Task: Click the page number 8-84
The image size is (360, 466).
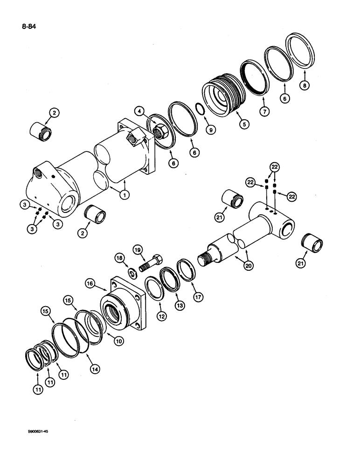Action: pyautogui.click(x=28, y=27)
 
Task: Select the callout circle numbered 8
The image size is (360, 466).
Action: pyautogui.click(x=305, y=85)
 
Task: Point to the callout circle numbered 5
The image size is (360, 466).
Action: pyautogui.click(x=242, y=124)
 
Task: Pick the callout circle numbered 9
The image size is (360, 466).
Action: pyautogui.click(x=211, y=130)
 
